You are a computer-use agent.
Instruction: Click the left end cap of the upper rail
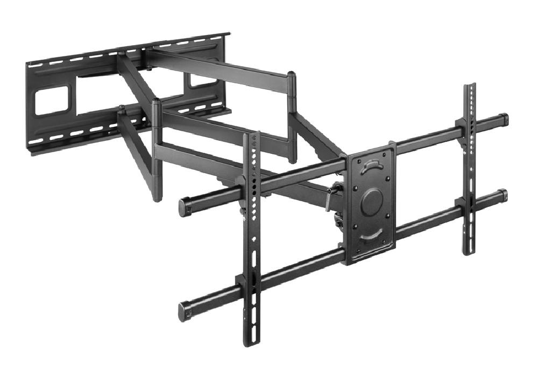(184, 206)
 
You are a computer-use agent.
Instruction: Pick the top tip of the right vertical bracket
(470, 86)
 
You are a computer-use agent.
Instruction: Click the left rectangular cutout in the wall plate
(52, 101)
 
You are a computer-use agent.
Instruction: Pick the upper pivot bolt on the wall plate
(147, 68)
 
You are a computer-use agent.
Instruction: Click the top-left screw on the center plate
(356, 160)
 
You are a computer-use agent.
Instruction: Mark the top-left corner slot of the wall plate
(34, 65)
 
